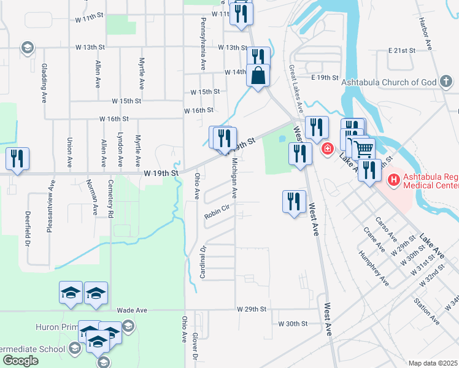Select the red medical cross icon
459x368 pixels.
point(327,148)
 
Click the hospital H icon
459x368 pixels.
point(393,180)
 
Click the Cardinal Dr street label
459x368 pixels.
point(203,261)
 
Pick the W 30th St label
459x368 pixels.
point(291,323)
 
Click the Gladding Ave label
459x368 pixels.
point(44,82)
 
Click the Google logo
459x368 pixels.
point(21,361)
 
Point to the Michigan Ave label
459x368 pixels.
point(234,178)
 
